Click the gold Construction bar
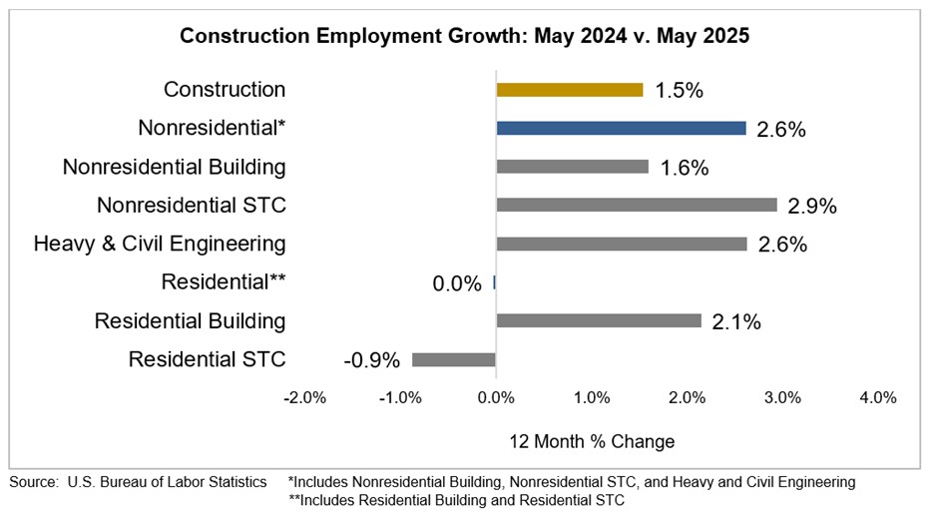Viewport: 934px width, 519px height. click(570, 90)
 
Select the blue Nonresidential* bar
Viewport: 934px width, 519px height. click(621, 128)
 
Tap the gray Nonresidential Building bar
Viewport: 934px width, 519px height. click(572, 167)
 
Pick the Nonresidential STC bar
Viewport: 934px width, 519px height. click(637, 205)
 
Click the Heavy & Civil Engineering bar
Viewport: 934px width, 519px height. click(621, 244)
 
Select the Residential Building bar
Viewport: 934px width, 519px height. click(599, 320)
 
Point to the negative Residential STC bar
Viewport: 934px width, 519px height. click(454, 359)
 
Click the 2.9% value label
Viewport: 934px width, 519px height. click(811, 206)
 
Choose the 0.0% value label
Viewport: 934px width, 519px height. click(457, 283)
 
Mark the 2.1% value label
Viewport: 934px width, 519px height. click(736, 321)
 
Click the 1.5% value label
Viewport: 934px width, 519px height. click(680, 91)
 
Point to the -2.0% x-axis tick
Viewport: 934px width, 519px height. click(304, 397)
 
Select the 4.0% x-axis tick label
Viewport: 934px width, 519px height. click(878, 397)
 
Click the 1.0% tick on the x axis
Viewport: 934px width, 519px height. click(592, 397)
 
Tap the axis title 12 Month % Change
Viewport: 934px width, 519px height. click(592, 441)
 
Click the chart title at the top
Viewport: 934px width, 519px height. click(464, 37)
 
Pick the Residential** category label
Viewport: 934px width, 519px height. click(224, 282)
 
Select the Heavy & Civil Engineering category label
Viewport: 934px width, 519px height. click(160, 244)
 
